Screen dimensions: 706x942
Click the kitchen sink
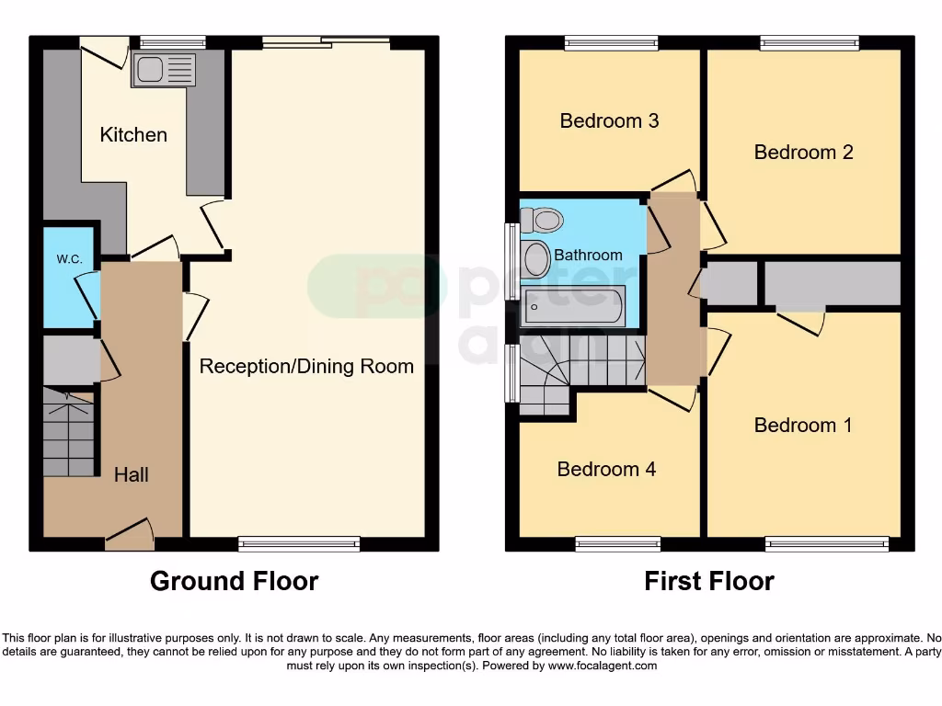tap(164, 70)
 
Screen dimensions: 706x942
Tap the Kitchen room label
tap(133, 135)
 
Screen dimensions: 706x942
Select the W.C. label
tap(69, 259)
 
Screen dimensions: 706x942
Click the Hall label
tap(132, 475)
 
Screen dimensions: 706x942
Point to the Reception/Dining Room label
tap(306, 367)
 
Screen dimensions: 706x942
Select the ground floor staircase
tap(69, 432)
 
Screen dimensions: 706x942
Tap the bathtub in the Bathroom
tap(574, 305)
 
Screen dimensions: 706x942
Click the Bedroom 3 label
tap(609, 120)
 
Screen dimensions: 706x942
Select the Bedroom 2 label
tap(803, 152)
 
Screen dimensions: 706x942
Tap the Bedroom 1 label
tap(802, 425)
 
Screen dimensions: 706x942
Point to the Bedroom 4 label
tap(606, 470)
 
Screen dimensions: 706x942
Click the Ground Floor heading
tap(234, 581)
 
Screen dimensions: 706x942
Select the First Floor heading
tap(708, 581)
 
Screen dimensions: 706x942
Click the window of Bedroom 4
tap(617, 543)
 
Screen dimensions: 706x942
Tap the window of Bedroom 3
tap(611, 42)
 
